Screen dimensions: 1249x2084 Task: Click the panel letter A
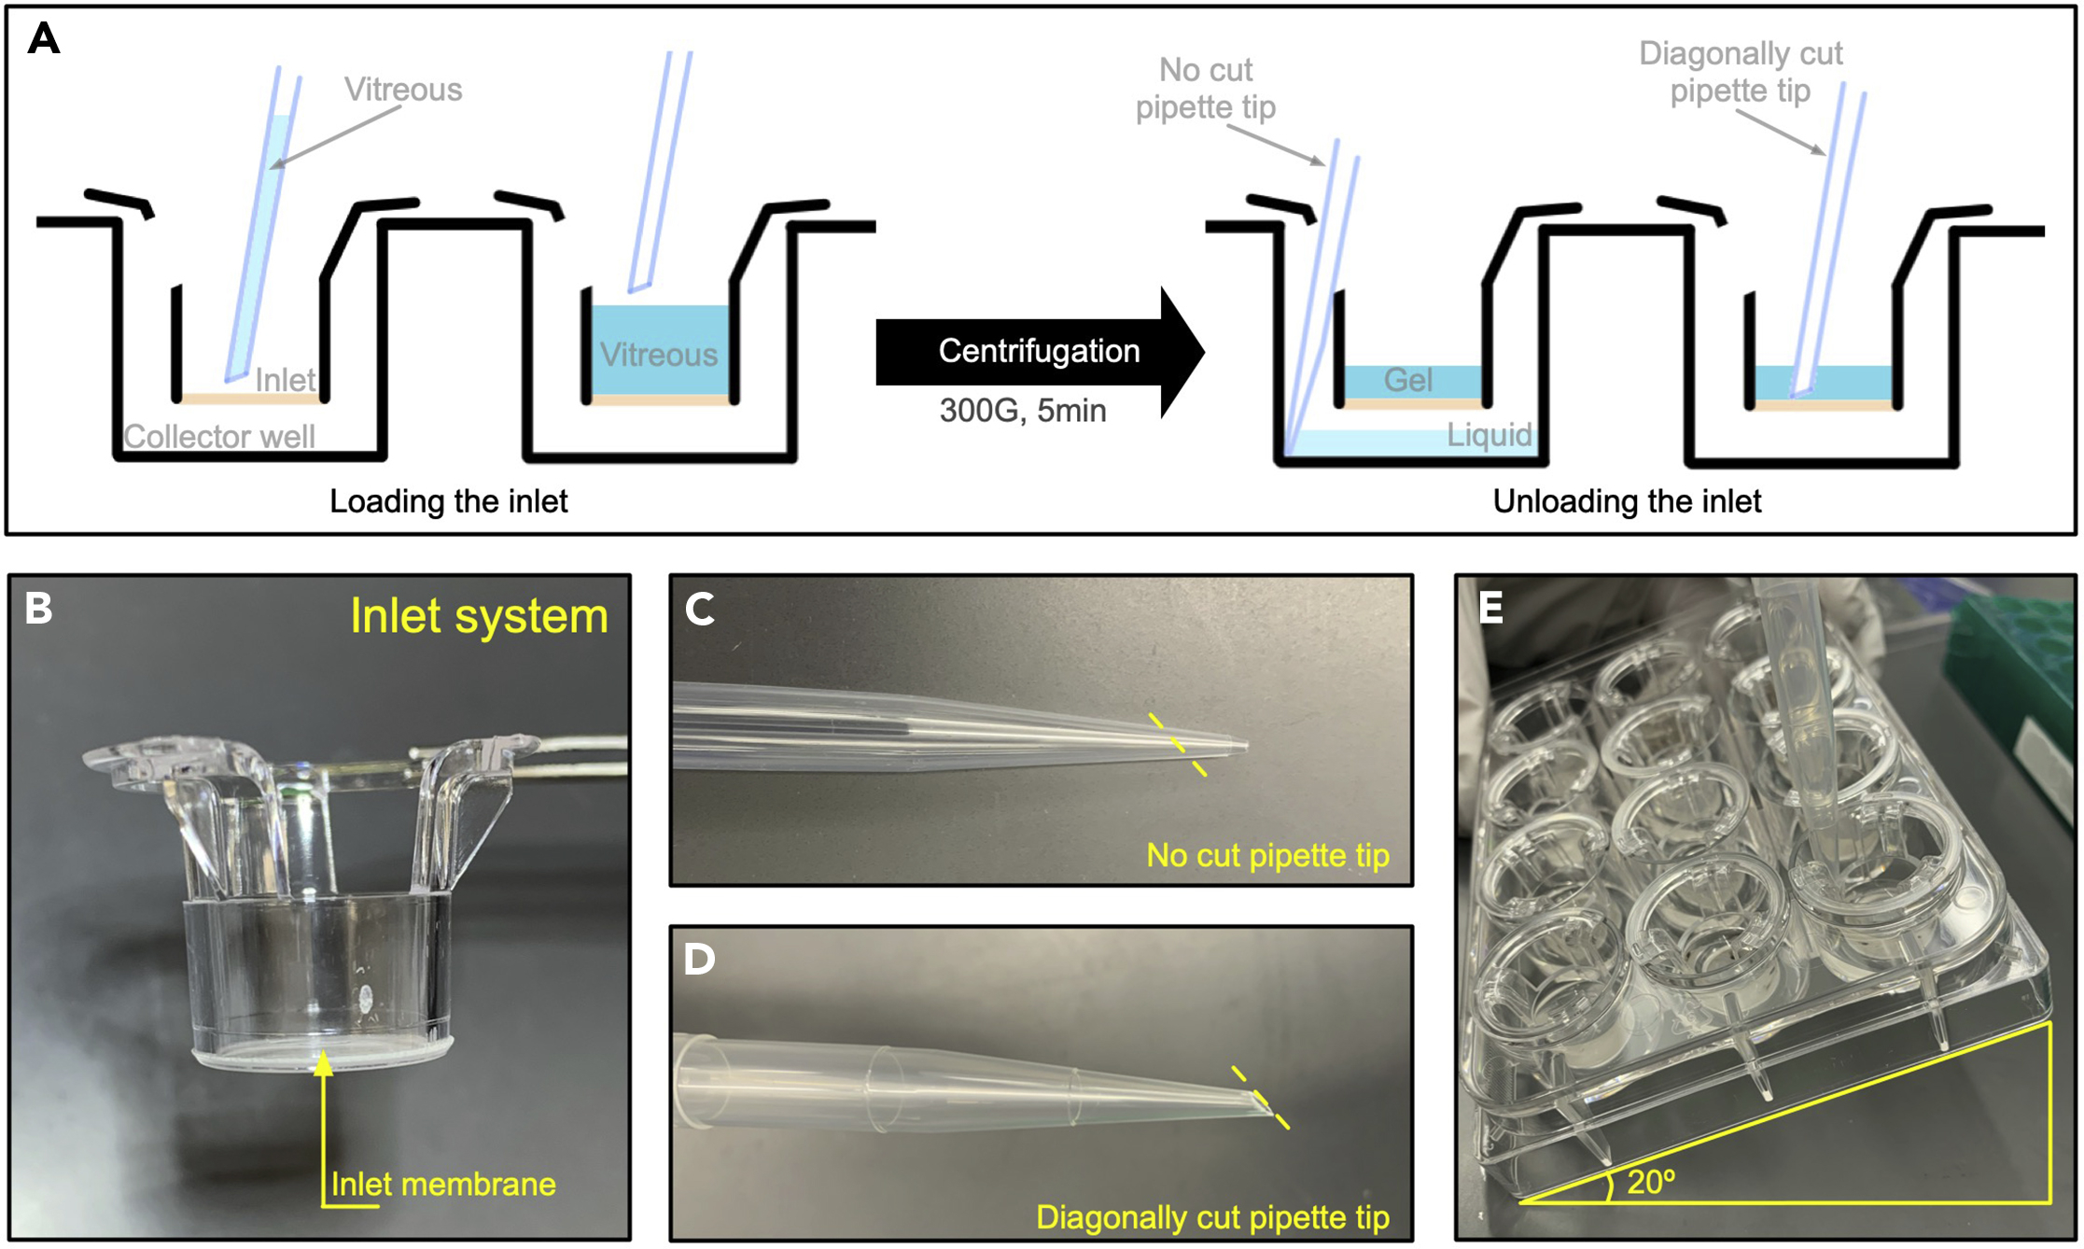point(44,40)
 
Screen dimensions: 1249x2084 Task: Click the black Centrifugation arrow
point(1038,352)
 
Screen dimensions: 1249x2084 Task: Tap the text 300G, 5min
point(1022,411)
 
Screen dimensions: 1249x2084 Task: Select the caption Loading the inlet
point(448,502)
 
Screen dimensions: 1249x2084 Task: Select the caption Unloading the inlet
point(1626,502)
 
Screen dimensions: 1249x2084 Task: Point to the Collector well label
point(219,437)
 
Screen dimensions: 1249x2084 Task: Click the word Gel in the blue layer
point(1407,381)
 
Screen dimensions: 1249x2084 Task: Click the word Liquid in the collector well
point(1489,435)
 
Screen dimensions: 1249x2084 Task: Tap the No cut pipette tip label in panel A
point(1205,89)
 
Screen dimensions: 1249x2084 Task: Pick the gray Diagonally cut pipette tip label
point(1741,72)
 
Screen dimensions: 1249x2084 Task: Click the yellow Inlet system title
point(479,616)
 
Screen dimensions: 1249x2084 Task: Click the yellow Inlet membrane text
point(443,1185)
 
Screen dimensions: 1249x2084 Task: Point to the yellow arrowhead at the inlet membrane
point(323,1062)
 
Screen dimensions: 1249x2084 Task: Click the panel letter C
point(699,609)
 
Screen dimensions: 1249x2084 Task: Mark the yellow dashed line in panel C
point(1177,745)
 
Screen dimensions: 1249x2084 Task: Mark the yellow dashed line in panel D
point(1260,1098)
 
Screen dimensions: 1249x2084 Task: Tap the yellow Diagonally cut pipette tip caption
point(1212,1217)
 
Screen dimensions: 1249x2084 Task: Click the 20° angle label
point(1650,1183)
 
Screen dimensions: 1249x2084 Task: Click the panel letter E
point(1490,608)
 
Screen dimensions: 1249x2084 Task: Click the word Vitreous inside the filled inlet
point(659,355)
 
